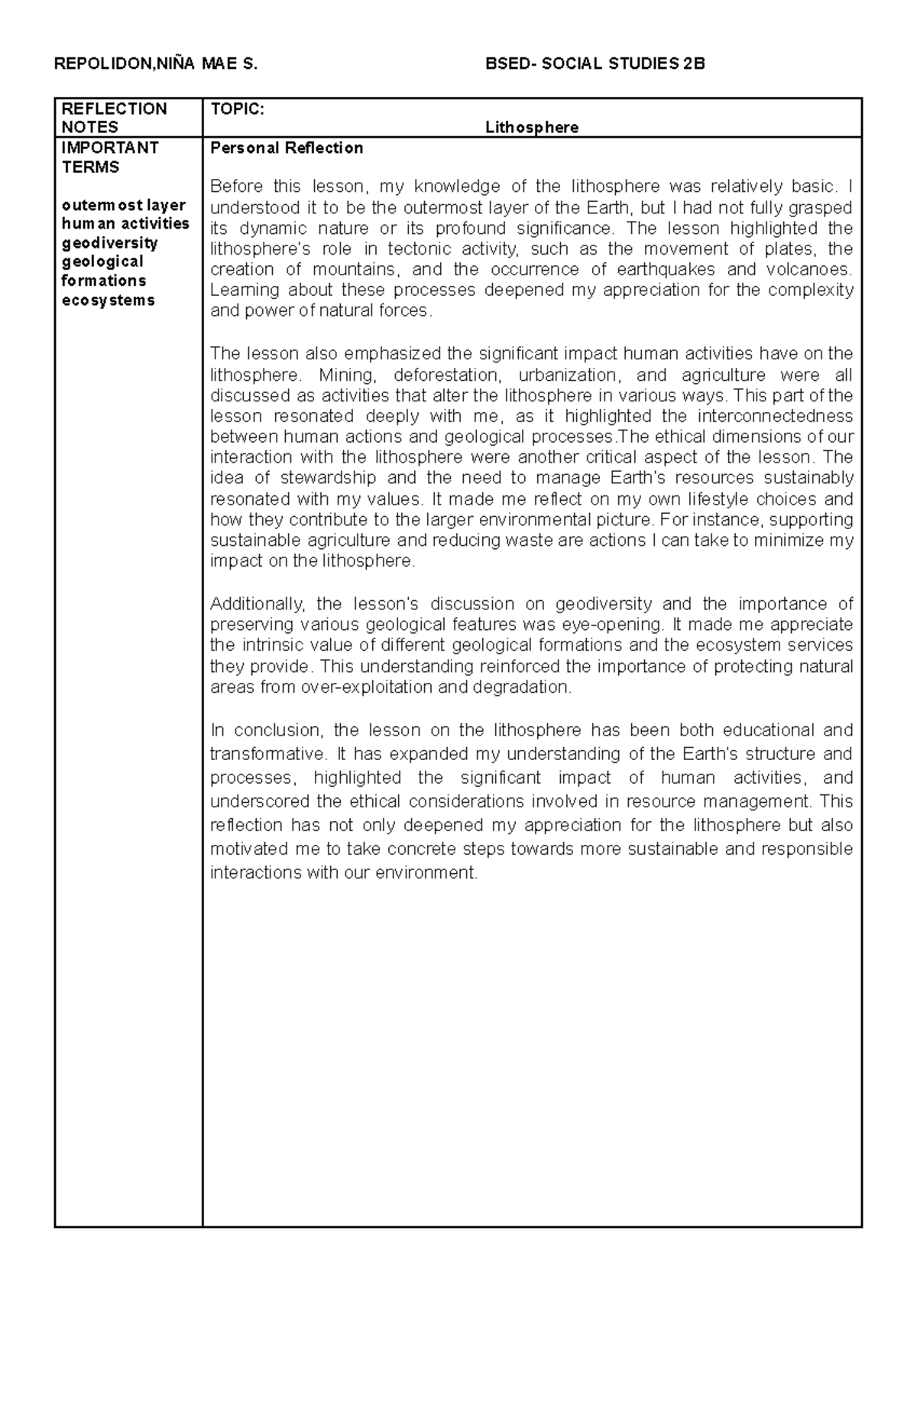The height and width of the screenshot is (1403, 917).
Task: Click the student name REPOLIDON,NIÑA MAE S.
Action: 156,64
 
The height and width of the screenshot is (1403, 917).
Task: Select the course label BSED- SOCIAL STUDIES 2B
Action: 595,64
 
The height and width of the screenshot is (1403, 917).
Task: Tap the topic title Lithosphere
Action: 532,128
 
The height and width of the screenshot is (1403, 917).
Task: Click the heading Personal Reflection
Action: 287,148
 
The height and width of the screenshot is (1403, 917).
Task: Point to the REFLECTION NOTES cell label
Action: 114,118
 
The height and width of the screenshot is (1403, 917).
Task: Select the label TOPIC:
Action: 237,109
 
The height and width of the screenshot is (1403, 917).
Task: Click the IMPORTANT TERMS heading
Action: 109,158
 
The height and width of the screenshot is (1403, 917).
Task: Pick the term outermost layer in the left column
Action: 124,206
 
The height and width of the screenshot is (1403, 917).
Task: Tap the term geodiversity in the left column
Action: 109,243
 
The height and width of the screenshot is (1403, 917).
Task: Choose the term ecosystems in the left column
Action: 108,300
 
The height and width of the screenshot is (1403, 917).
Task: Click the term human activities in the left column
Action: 125,224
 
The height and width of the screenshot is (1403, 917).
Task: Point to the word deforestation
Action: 449,375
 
